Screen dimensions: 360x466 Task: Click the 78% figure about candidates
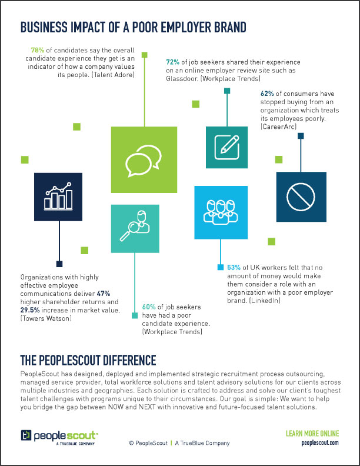pyautogui.click(x=38, y=50)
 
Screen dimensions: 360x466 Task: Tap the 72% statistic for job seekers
pyautogui.click(x=172, y=62)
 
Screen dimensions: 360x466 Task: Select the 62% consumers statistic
pyautogui.click(x=267, y=94)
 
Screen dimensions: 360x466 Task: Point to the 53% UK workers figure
pyautogui.click(x=234, y=268)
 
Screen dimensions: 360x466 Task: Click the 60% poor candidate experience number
pyautogui.click(x=149, y=307)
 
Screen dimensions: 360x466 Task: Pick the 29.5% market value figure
pyautogui.click(x=30, y=310)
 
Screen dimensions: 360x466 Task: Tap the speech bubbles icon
pyautogui.click(x=144, y=161)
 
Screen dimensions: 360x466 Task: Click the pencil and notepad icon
pyautogui.click(x=227, y=147)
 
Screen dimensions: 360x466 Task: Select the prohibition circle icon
pyautogui.click(x=301, y=197)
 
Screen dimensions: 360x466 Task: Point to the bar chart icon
pyautogui.click(x=58, y=197)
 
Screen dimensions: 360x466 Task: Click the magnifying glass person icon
pyautogui.click(x=135, y=226)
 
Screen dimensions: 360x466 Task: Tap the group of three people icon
pyautogui.click(x=221, y=212)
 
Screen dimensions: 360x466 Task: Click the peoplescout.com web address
pyautogui.click(x=320, y=443)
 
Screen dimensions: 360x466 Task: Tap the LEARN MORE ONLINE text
pyautogui.click(x=312, y=434)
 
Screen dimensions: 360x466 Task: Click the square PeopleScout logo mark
pyautogui.click(x=26, y=435)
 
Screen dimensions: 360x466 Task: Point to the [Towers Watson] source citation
pyautogui.click(x=46, y=318)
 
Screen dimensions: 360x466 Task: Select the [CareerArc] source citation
pyautogui.click(x=279, y=127)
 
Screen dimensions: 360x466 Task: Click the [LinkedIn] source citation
pyautogui.click(x=265, y=301)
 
